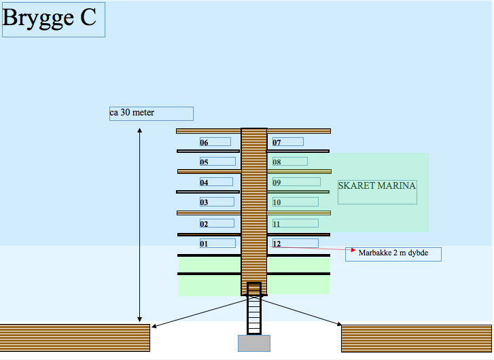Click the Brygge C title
coord(53,19)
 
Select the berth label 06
coord(215,142)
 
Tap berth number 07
coord(287,142)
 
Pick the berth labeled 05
coord(217,162)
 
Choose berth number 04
coord(216,182)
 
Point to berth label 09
coord(296,182)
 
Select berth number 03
coord(217,202)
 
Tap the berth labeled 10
coord(295,202)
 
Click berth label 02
coord(217,223)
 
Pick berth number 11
coord(295,223)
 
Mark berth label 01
coord(217,243)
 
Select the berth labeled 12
coord(295,243)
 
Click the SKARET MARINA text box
coord(377,192)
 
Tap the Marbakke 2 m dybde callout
coord(393,254)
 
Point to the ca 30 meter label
coord(151,113)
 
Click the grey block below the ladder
coord(253,343)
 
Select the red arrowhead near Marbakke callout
coord(353,250)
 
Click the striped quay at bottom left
coord(75,338)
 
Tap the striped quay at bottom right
coord(417,338)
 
